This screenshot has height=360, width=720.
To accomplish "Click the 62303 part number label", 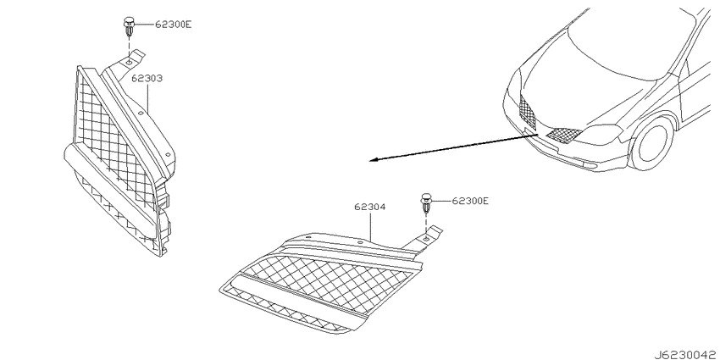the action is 147,79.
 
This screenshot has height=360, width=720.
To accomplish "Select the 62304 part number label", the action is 369,207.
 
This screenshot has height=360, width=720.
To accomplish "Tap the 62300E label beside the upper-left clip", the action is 173,25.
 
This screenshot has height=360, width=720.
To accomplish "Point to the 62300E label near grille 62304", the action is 470,201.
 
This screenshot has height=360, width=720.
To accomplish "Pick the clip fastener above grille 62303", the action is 129,26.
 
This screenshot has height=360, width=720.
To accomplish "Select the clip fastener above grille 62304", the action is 426,203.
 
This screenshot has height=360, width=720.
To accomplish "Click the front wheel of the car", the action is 652,142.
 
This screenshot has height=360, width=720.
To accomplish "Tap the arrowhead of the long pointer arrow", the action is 374,160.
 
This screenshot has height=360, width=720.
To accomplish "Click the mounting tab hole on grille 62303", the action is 130,61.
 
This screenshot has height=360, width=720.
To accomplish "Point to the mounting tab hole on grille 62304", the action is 427,238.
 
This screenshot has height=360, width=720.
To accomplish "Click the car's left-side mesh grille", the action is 528,111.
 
